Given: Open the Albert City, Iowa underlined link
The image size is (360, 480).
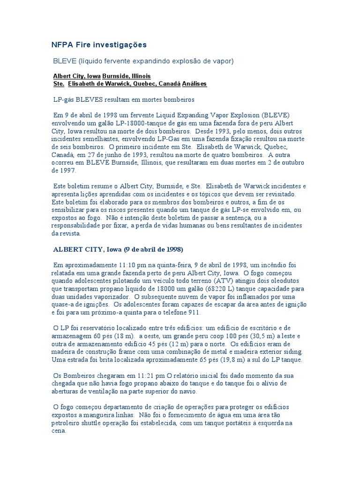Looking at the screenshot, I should (x=77, y=76).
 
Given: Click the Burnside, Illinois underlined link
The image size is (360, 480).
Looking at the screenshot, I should (x=127, y=76).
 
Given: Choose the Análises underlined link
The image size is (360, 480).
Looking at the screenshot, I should (x=194, y=84).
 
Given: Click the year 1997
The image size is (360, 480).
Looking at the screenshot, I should (x=66, y=171).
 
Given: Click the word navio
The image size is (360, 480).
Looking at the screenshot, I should (x=187, y=391).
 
